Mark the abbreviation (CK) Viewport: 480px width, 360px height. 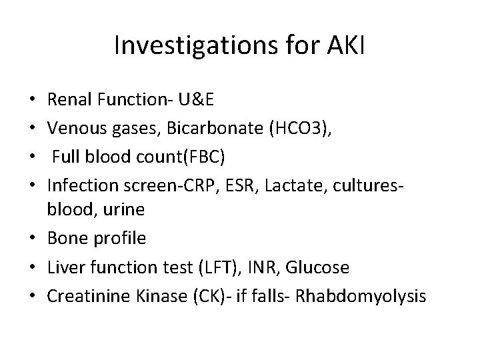tap(193, 296)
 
